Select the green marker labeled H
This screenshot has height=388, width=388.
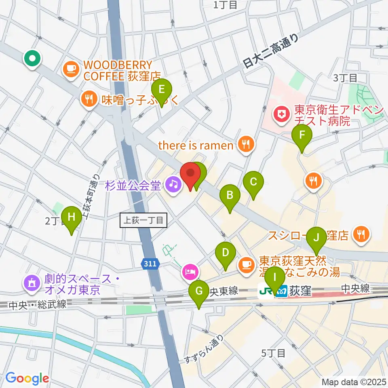(x=72, y=217)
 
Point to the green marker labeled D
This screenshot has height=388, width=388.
(x=226, y=253)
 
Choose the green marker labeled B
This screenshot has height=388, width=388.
(x=230, y=196)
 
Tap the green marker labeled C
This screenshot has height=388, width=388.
(x=253, y=182)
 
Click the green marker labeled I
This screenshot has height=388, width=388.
(x=275, y=278)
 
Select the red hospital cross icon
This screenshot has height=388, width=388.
(x=280, y=116)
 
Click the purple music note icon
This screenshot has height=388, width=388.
(x=173, y=186)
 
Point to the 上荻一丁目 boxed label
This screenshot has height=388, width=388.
(x=143, y=221)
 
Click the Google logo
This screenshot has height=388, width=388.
(x=27, y=378)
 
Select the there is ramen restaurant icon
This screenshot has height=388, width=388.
(x=245, y=144)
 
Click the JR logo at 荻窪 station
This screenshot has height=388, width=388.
(x=266, y=291)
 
